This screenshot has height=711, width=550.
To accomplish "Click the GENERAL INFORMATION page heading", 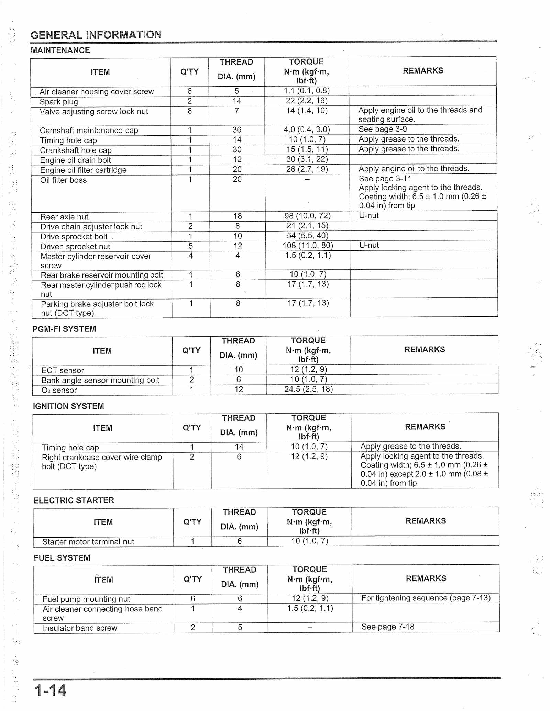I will coord(96,35).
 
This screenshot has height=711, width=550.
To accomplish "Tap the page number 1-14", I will coord(50,690).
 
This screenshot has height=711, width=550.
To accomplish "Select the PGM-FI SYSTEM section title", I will coord(64,329).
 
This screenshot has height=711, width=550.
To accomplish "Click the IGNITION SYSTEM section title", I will coord(68,406).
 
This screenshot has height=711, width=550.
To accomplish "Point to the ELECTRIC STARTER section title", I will coord(74,500).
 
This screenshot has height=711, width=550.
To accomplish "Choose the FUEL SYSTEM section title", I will coord(62,558).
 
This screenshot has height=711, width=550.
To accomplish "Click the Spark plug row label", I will coord(59,102).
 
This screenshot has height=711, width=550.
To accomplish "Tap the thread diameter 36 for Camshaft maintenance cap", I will coord(237,130).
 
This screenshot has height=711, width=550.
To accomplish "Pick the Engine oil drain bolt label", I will coord(76,160).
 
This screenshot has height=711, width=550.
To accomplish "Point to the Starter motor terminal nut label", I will coord(88,542).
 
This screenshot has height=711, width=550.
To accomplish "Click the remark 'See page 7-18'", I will coord(388,627).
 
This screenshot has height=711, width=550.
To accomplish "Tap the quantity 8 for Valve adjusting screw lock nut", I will coord(190,111).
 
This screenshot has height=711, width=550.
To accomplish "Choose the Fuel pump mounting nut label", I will coord(86,599).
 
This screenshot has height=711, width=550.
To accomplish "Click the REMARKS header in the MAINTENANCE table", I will coord(423,71).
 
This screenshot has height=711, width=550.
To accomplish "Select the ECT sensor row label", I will coord(63,370).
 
